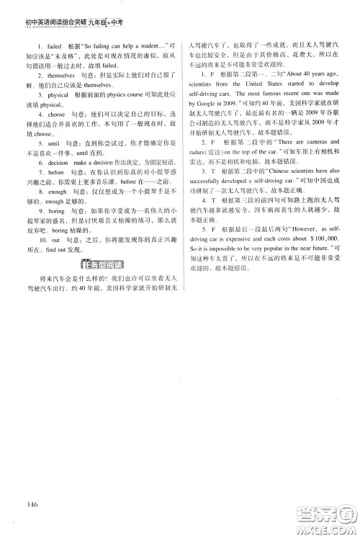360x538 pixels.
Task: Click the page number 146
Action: pos(29,501)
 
